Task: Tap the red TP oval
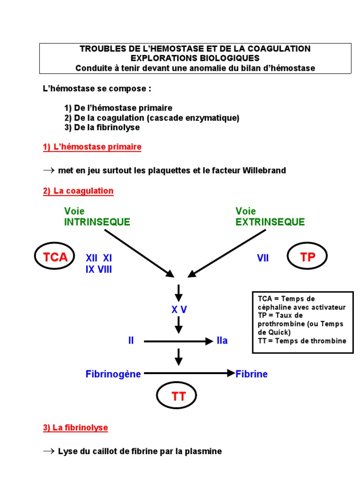coord(307,256)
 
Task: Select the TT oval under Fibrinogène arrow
coord(179,397)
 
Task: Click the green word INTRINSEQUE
coord(97,222)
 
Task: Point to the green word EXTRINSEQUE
coord(270,222)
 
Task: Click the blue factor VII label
coord(262,258)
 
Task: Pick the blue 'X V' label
coord(179,310)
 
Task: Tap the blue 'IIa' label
coord(222,341)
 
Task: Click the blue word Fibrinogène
coord(113,374)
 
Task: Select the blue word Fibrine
coord(252,374)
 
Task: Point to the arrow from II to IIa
coord(178,341)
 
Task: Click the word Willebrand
coord(264,170)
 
